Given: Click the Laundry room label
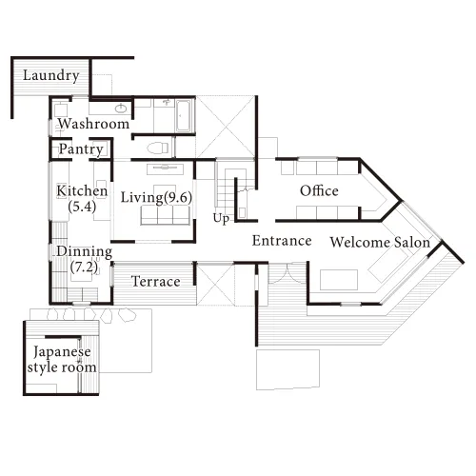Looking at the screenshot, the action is click(51, 76).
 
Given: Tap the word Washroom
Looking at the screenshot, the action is click(93, 124).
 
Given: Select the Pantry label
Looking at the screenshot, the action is click(81, 149).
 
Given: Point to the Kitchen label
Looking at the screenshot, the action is click(82, 190).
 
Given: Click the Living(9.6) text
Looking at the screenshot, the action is click(156, 198).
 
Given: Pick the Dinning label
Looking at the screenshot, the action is click(85, 251).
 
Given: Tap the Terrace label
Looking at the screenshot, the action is click(156, 282).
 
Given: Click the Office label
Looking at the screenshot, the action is click(319, 190).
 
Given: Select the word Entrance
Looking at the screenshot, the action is click(282, 241).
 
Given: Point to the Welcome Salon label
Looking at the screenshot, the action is click(380, 242).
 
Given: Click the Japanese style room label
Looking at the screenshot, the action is click(62, 360).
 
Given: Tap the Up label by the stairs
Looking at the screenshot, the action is click(221, 219).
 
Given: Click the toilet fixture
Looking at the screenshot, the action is click(158, 148).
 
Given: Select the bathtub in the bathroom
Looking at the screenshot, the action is click(184, 116).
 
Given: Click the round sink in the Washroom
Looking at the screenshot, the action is click(121, 109).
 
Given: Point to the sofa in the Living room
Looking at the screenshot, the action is click(165, 215).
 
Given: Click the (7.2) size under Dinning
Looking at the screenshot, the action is click(84, 268).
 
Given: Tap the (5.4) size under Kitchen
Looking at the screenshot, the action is click(82, 207).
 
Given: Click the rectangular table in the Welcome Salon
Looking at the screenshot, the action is click(339, 280).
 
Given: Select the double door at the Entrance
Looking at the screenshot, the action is click(288, 273).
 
